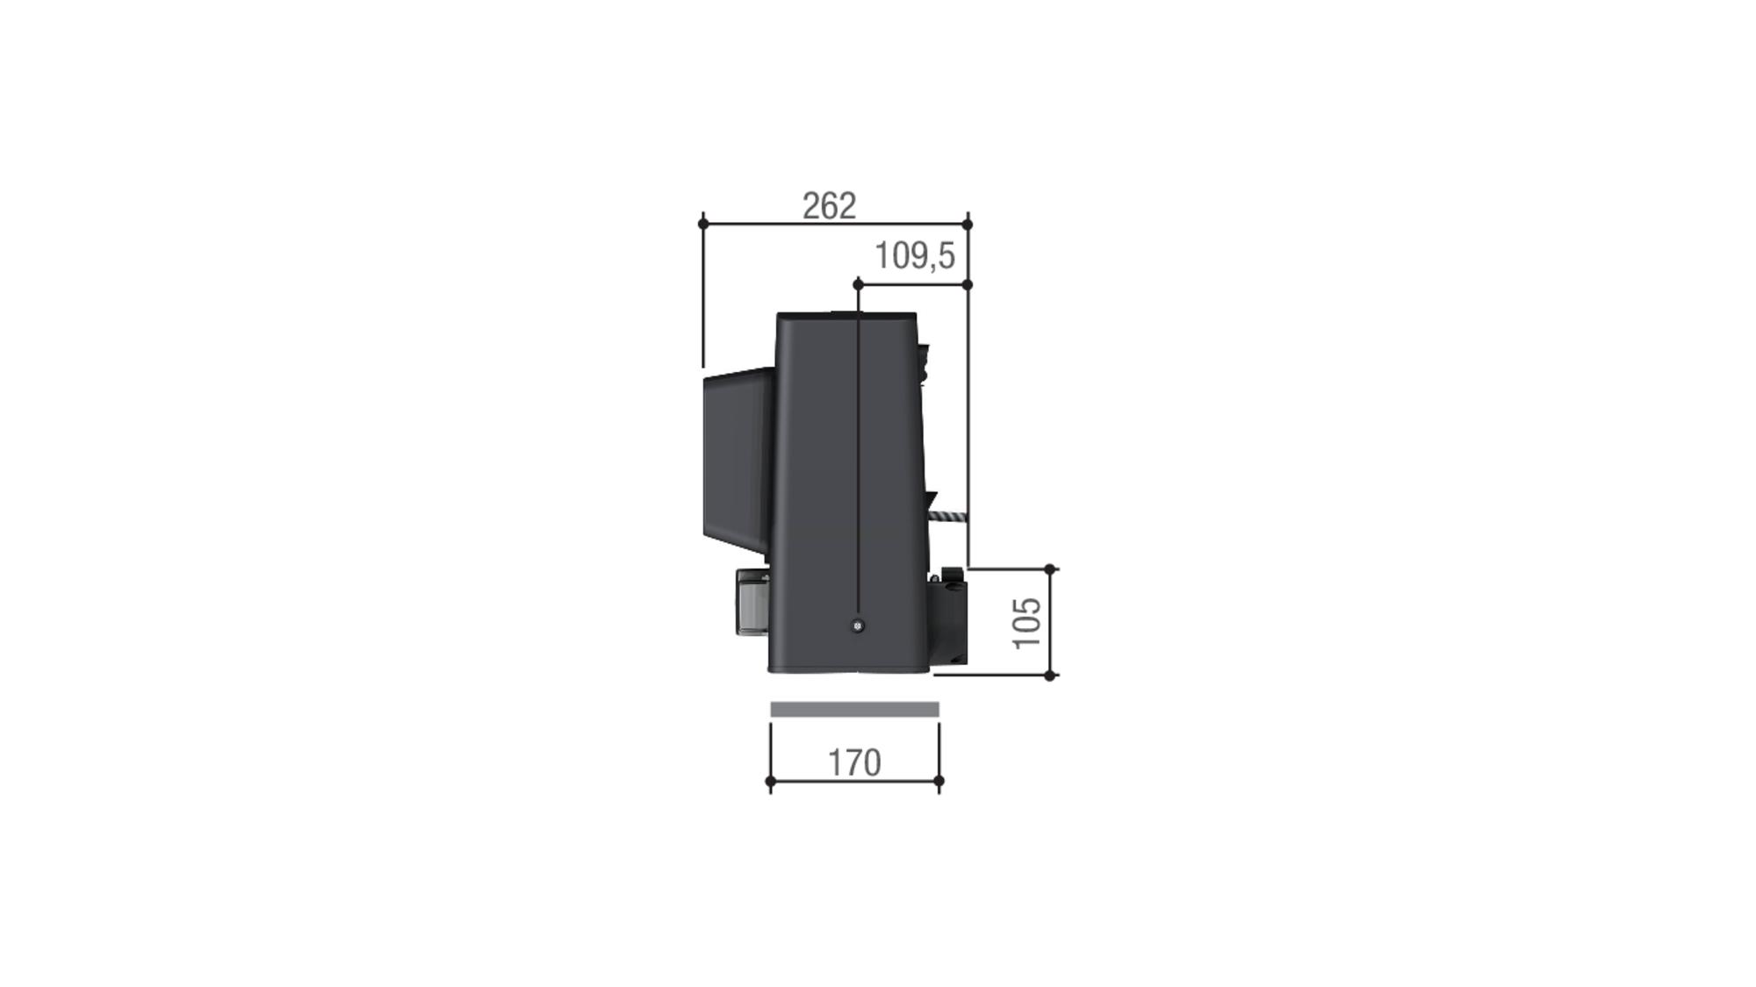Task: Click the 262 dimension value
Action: (829, 206)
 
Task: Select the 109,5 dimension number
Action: (914, 256)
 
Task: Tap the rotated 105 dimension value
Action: (1027, 623)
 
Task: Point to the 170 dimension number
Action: (854, 762)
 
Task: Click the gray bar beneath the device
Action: (854, 709)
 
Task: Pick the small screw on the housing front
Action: (858, 626)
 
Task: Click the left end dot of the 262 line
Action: (703, 224)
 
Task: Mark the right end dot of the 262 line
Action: (968, 224)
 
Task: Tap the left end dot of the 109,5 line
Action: (858, 284)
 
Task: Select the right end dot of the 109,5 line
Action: (968, 284)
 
